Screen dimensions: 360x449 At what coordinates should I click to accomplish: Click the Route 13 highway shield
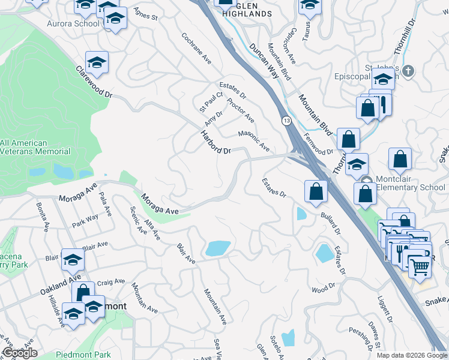[x=286, y=122]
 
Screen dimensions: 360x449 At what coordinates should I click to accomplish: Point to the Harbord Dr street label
[x=215, y=143]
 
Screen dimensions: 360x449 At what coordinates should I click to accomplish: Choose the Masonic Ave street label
[x=254, y=141]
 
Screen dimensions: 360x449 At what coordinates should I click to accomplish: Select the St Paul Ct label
[x=211, y=102]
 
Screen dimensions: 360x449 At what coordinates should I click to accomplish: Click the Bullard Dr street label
[x=330, y=223]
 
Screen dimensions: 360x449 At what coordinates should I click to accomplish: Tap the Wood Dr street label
[x=323, y=290]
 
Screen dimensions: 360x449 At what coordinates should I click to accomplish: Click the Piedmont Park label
[x=84, y=355]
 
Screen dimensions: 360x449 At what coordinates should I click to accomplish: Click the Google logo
[x=19, y=353]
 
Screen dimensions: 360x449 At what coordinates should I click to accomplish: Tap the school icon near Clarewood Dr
[x=96, y=62]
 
